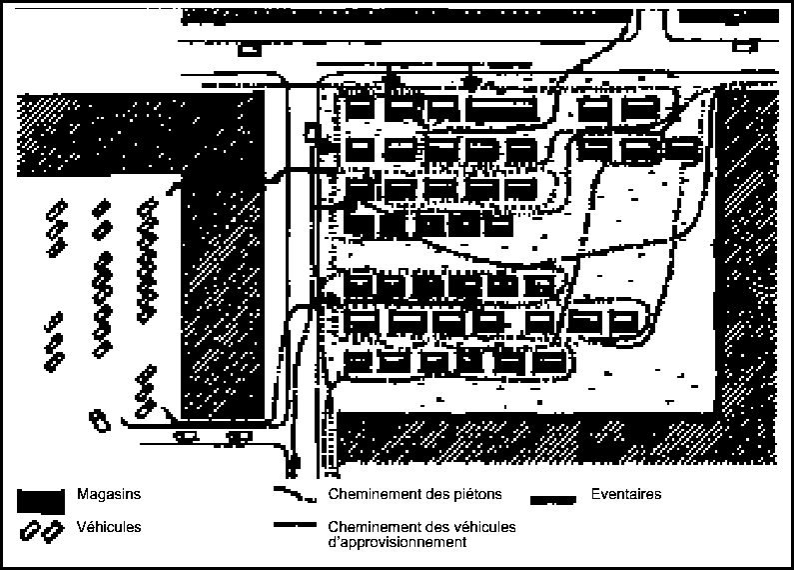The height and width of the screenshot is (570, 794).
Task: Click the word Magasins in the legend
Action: pyautogui.click(x=109, y=494)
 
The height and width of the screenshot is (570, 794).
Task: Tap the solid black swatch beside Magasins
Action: pyautogui.click(x=41, y=501)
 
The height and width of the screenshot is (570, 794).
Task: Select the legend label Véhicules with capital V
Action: pyautogui.click(x=109, y=527)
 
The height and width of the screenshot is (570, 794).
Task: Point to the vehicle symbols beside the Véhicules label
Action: pyautogui.click(x=42, y=531)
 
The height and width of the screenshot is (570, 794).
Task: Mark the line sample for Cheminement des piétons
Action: pyautogui.click(x=296, y=494)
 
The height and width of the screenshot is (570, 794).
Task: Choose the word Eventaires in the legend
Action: pyautogui.click(x=626, y=494)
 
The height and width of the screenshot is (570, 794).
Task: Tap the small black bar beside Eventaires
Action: pyautogui.click(x=553, y=501)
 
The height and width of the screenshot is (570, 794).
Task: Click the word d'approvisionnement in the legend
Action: pyautogui.click(x=397, y=542)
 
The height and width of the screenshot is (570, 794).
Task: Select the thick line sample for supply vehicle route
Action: pyautogui.click(x=296, y=525)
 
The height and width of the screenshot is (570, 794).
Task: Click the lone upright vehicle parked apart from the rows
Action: pyautogui.click(x=100, y=421)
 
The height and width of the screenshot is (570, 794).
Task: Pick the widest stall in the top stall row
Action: pyautogui.click(x=500, y=108)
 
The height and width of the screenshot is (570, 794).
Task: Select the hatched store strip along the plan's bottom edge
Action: pyautogui.click(x=557, y=438)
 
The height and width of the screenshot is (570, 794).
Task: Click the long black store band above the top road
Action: pyautogui.click(x=406, y=16)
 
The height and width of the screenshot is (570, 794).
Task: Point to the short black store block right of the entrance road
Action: pyautogui.click(x=727, y=16)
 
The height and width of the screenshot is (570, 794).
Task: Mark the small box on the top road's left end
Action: pyautogui.click(x=249, y=50)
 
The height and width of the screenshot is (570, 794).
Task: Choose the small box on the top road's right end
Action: pyautogui.click(x=744, y=47)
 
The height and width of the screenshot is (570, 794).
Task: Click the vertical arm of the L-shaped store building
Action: pyautogui.click(x=223, y=298)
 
